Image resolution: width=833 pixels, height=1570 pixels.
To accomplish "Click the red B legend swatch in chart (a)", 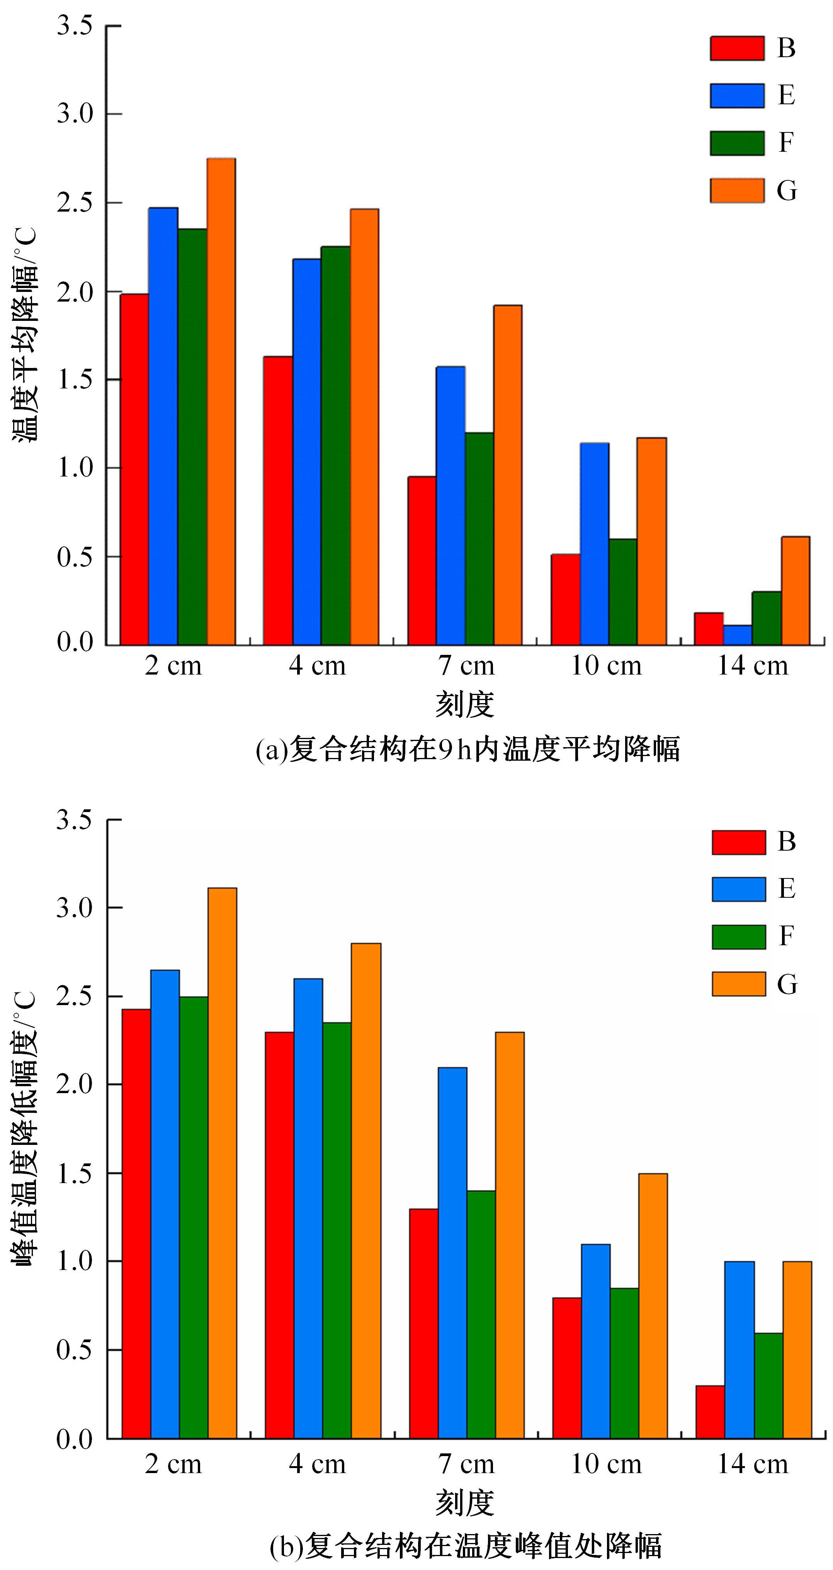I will (737, 48).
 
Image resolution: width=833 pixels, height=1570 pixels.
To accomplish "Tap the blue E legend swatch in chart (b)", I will (738, 889).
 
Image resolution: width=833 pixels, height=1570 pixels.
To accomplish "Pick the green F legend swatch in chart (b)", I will (738, 937).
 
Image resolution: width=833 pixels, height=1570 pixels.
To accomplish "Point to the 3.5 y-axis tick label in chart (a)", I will (75, 26).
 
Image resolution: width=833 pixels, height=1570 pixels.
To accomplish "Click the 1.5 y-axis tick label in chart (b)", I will (75, 1173).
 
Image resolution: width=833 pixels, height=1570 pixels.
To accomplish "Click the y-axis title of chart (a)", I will (25, 335).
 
